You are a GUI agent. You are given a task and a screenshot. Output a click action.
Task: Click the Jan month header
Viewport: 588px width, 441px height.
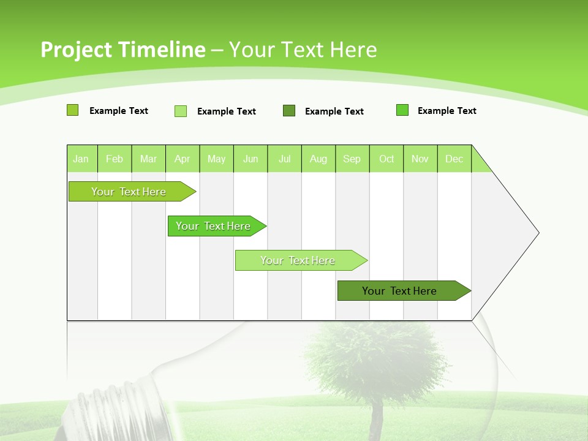pos(81,159)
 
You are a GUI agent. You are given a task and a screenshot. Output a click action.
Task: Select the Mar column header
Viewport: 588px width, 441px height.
pos(148,159)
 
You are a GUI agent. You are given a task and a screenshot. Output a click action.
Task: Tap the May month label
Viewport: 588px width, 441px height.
pos(216,159)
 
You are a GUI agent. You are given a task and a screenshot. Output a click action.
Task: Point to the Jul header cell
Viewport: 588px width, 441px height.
pos(285,159)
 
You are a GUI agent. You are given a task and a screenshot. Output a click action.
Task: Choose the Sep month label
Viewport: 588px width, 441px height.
pos(352,159)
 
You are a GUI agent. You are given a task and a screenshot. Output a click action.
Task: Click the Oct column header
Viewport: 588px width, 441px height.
pos(386,159)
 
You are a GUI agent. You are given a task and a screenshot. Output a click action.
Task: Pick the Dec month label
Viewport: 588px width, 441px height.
pos(454,159)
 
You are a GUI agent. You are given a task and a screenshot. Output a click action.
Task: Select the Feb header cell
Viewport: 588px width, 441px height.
pos(115,159)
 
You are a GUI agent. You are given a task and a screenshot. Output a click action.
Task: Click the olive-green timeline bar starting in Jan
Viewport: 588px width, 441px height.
pos(129,192)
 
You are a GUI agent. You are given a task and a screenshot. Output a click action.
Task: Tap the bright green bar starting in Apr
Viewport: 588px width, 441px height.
pos(213,226)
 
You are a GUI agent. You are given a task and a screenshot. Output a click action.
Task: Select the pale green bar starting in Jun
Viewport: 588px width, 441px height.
pos(298,260)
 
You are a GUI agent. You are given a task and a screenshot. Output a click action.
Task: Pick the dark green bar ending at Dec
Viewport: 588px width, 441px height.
pos(399,291)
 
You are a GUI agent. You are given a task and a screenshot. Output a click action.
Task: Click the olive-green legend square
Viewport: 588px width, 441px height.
pos(72,110)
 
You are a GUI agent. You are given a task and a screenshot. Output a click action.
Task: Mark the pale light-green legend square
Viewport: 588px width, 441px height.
pos(181,111)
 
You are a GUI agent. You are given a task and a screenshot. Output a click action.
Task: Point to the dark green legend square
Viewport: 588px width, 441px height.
pos(289,111)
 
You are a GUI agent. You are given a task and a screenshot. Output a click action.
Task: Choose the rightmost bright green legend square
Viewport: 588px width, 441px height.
pos(402,110)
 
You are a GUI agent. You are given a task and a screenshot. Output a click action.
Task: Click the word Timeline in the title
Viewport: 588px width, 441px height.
pos(157,50)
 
